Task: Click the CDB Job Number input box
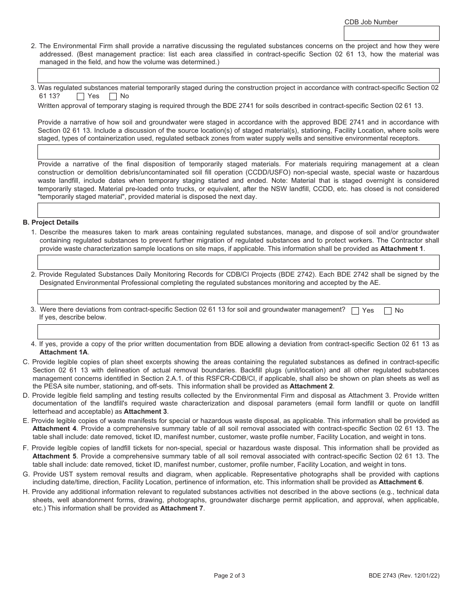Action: pyautogui.click(x=391, y=33)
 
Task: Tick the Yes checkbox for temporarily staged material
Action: pyautogui.click(x=81, y=96)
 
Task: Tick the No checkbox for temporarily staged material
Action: pyautogui.click(x=113, y=96)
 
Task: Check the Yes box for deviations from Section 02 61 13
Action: pyautogui.click(x=355, y=311)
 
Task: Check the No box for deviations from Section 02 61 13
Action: pyautogui.click(x=388, y=311)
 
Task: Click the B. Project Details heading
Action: pyautogui.click(x=51, y=222)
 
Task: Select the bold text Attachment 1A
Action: pyautogui.click(x=64, y=352)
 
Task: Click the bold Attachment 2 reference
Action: pyautogui.click(x=311, y=386)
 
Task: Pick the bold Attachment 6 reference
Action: pyautogui.click(x=400, y=482)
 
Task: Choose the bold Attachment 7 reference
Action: pyautogui.click(x=182, y=508)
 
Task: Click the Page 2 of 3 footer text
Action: pyautogui.click(x=230, y=576)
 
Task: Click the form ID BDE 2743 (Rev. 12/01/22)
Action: pyautogui.click(x=404, y=576)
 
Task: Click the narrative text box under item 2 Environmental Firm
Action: pyautogui.click(x=238, y=75)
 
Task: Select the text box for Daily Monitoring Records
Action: pyautogui.click(x=238, y=297)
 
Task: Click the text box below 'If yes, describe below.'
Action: pyautogui.click(x=238, y=332)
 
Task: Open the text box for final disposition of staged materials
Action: pyautogui.click(x=238, y=210)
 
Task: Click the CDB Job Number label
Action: pyautogui.click(x=371, y=22)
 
